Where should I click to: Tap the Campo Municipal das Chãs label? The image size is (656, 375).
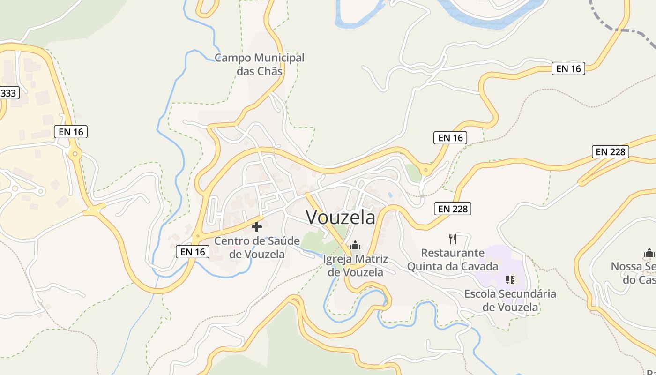coord(260,64)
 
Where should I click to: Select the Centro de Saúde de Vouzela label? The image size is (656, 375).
coord(257,247)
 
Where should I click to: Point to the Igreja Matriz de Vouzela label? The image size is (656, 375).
coord(355,265)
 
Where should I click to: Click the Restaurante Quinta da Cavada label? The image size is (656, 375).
coord(453,260)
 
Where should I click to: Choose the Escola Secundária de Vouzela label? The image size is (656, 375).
coord(510,300)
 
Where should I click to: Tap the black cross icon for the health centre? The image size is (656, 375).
coord(257,227)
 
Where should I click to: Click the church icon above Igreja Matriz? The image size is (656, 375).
coord(355,245)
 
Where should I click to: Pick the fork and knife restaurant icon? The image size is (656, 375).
coord(453,239)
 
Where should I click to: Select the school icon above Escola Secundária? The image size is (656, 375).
coord(510,280)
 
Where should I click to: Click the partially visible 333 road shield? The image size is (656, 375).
coord(8,93)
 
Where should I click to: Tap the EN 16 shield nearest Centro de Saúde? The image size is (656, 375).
coord(193,252)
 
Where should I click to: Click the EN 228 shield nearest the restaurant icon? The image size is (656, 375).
coord(453,209)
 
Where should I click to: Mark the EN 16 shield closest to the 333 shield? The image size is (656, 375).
coord(71,132)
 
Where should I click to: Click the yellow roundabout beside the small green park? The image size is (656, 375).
coord(425,170)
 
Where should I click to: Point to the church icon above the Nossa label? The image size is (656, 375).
coord(649,254)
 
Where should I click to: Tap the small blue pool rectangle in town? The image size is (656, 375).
coord(390,195)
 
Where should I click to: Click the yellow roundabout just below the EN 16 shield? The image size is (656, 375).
coord(75,153)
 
